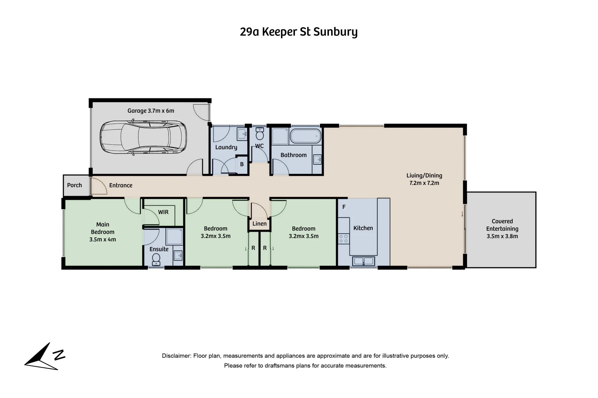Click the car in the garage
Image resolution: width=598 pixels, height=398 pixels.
coord(143,137)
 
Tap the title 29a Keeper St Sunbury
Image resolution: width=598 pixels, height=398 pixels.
coord(299,32)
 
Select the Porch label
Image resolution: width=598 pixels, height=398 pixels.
coord(75,185)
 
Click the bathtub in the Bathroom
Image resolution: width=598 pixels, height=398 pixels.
coord(305,136)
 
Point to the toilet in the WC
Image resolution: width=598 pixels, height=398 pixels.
coord(260,133)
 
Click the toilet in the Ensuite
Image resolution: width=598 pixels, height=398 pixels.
coord(156,260)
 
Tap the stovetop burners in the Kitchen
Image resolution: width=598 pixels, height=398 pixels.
coord(344,238)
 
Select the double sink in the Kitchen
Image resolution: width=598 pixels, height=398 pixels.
coord(363,261)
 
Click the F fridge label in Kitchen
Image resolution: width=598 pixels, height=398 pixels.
coord(344,207)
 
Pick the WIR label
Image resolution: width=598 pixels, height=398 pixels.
coord(163,212)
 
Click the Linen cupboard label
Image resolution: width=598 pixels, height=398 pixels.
coord(260,224)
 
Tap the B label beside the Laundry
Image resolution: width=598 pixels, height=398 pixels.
coord(242,164)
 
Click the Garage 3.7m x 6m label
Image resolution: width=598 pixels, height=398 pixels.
coord(151,111)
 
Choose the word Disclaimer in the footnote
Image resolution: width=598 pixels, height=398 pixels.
coord(177,356)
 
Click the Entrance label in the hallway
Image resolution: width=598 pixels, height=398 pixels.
coord(121,185)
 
